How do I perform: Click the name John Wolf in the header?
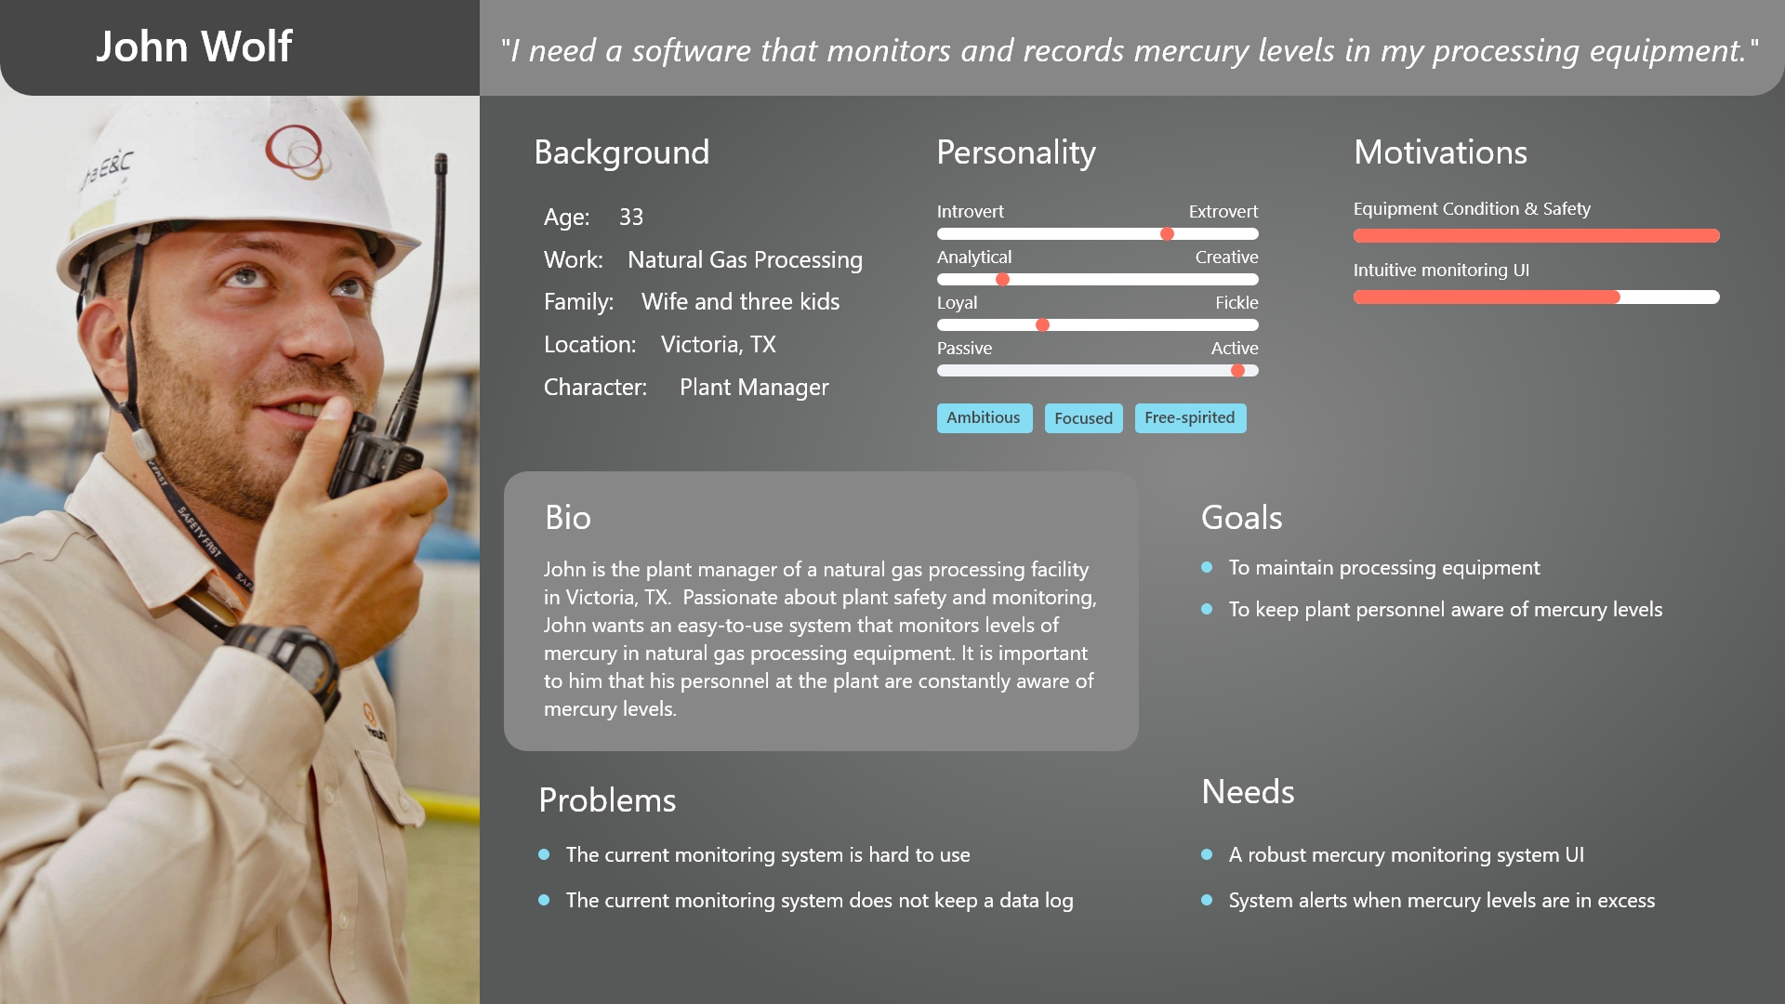[x=193, y=46]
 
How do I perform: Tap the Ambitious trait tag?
[x=984, y=418]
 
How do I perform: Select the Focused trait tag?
[x=1083, y=418]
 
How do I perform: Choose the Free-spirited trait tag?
[x=1190, y=418]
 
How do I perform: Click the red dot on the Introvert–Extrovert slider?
[x=1167, y=234]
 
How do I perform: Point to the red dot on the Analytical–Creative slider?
[x=1002, y=280]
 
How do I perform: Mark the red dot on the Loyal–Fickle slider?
[x=1042, y=325]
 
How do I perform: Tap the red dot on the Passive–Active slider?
[x=1237, y=371]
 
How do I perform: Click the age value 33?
[x=631, y=218]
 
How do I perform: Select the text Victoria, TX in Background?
[x=719, y=345]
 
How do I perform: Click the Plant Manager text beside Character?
[x=754, y=388]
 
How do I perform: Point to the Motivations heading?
[x=1440, y=152]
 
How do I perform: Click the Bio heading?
[x=568, y=518]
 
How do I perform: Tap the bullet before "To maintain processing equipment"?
[x=1207, y=567]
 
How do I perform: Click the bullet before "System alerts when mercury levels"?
[x=1207, y=900]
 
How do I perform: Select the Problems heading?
[x=607, y=800]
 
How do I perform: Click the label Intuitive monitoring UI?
[x=1441, y=271]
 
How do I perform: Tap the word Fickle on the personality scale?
[x=1236, y=303]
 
